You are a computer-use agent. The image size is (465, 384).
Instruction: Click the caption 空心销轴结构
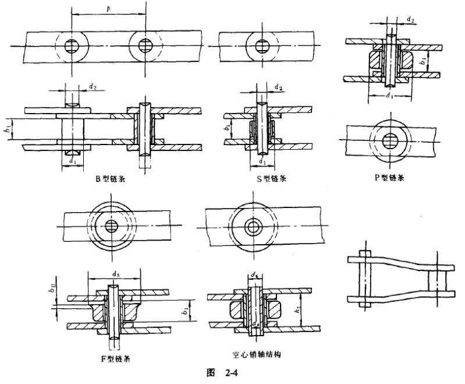256,354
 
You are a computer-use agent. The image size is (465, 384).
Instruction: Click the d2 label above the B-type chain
93,86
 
